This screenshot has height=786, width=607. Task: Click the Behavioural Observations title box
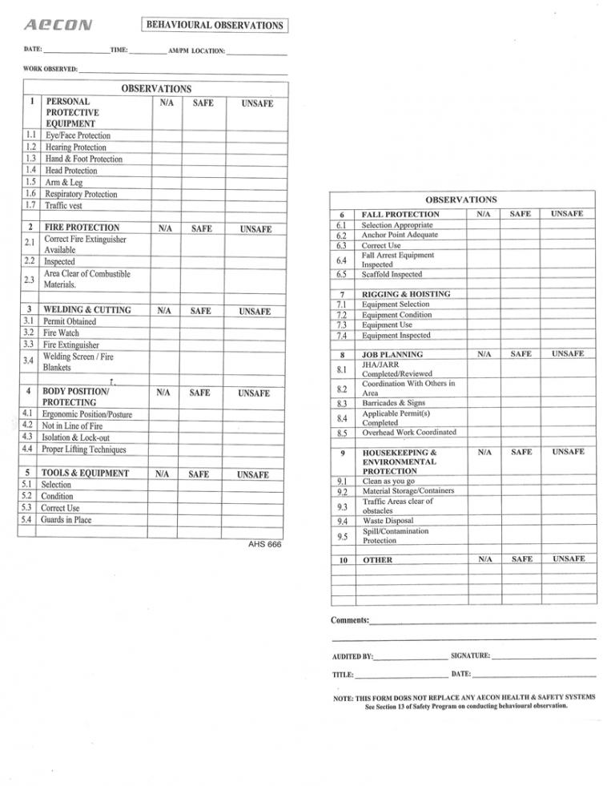(214, 25)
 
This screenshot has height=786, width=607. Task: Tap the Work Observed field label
(50, 70)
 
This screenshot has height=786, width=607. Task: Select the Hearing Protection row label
(75, 147)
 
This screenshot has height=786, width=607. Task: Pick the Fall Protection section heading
(400, 215)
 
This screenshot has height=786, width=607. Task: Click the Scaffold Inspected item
(396, 274)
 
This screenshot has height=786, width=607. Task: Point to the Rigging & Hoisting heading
(406, 294)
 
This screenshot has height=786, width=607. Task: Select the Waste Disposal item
(389, 521)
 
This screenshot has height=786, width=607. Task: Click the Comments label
(350, 621)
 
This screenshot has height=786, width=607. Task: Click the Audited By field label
(352, 656)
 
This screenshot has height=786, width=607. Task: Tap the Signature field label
(471, 656)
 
